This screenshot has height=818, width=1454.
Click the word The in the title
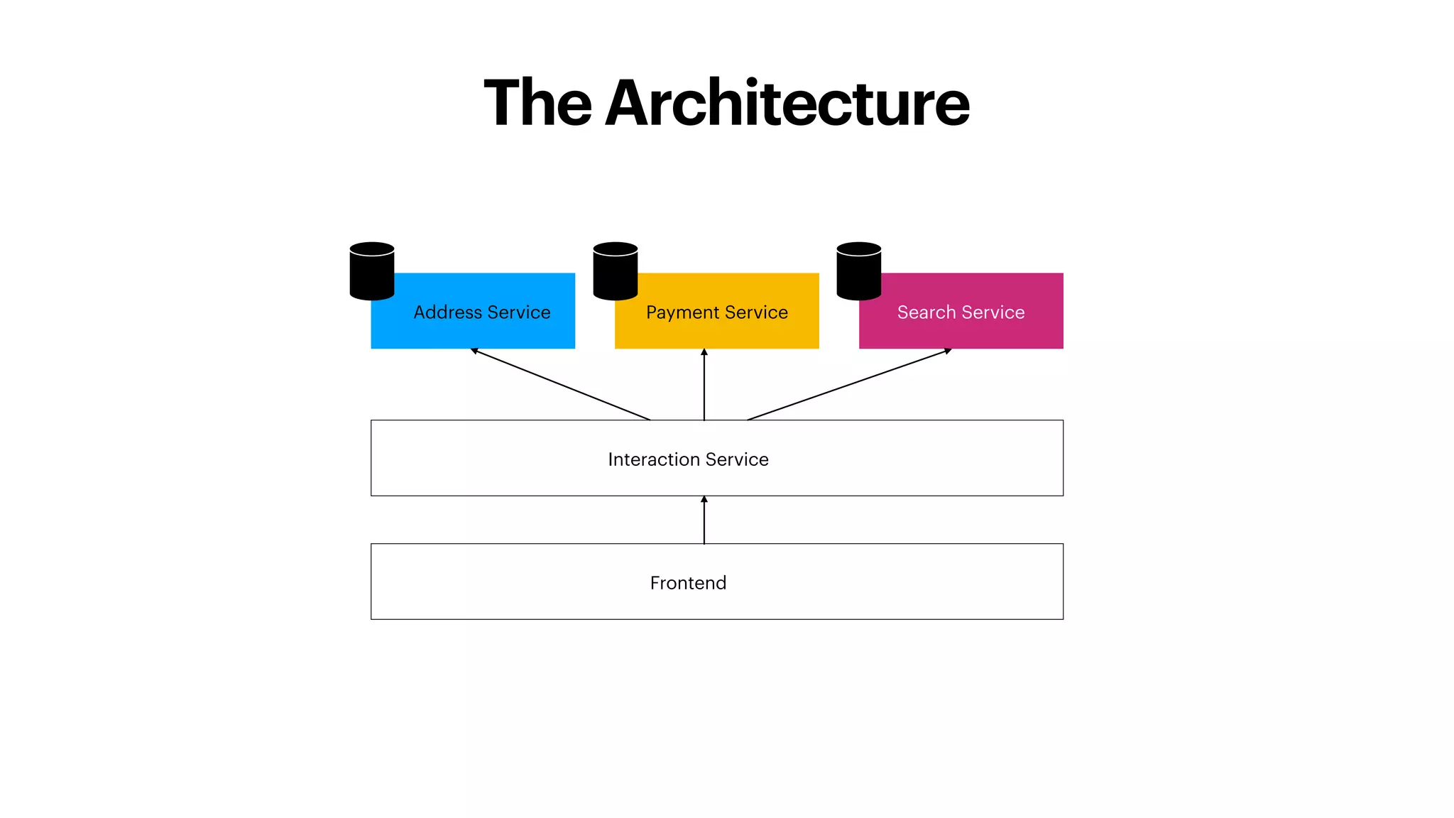pyautogui.click(x=537, y=104)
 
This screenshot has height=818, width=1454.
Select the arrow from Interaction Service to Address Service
pyautogui.click(x=561, y=384)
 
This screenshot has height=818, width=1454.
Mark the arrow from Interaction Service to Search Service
pyautogui.click(x=849, y=384)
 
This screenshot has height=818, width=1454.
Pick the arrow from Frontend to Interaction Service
pyautogui.click(x=704, y=520)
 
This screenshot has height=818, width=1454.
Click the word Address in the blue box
pyautogui.click(x=447, y=312)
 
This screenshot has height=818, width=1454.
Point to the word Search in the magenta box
pyautogui.click(x=926, y=312)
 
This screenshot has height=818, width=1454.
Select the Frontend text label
pyautogui.click(x=688, y=583)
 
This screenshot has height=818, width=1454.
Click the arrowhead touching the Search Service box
pyautogui.click(x=948, y=351)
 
